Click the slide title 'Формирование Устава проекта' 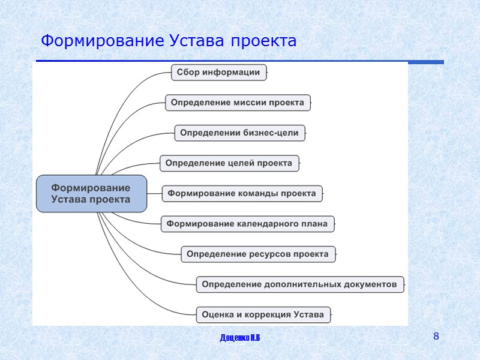169,41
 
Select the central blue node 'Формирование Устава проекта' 91,194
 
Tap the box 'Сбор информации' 218,73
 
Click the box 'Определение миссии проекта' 237,103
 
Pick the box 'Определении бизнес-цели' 239,133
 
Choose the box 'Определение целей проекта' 229,163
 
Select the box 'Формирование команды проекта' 242,194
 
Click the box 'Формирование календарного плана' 247,224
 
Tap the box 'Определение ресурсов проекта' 257,254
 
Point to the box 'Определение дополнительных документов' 299,284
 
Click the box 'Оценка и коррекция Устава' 263,314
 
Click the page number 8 436,336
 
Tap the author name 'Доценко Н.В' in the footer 240,340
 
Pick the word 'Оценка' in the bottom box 217,314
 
